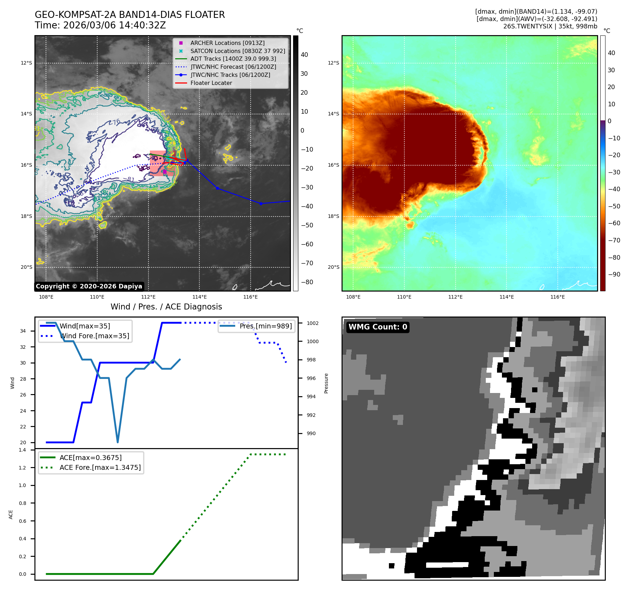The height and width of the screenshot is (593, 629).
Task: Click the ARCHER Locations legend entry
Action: click(227, 43)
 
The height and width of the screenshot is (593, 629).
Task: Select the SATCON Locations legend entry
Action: click(237, 51)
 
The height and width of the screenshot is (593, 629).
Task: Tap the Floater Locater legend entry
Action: click(211, 83)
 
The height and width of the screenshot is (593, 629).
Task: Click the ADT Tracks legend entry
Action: click(233, 59)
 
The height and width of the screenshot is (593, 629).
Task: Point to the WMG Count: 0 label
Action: click(378, 327)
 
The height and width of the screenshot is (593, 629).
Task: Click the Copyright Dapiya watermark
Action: click(89, 286)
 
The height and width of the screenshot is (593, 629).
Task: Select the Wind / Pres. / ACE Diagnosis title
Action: click(166, 307)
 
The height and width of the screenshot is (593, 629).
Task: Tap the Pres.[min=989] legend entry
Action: click(265, 326)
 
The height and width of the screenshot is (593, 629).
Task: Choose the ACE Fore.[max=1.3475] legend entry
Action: click(100, 467)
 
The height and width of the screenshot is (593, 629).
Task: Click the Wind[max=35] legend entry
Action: click(85, 326)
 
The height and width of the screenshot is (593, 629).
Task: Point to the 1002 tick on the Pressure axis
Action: click(312, 323)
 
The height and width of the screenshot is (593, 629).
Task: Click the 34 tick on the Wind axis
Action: click(23, 331)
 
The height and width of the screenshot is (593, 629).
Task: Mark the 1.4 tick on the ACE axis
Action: click(22, 450)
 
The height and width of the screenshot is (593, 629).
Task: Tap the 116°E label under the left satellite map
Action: click(250, 297)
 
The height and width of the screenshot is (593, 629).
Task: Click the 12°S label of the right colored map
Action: click(333, 63)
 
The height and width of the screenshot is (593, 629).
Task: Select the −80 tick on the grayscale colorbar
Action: click(307, 282)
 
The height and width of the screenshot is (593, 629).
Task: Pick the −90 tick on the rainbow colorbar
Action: click(614, 274)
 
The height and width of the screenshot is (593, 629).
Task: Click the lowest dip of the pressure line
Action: click(118, 442)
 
